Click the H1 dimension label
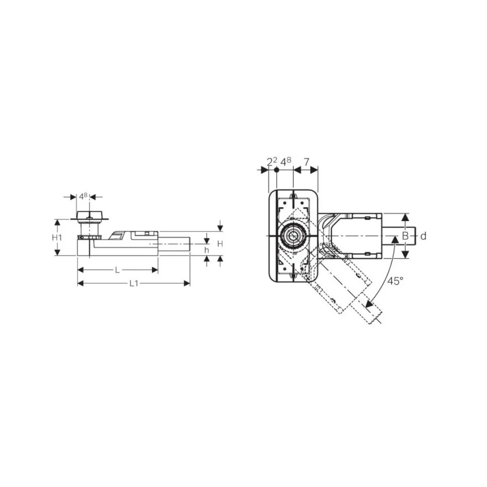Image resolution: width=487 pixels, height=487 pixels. pos(57,238)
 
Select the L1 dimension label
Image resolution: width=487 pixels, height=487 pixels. pos(134,283)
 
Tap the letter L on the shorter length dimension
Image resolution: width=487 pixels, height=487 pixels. pos(117,270)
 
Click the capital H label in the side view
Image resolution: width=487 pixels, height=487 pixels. pos(220,244)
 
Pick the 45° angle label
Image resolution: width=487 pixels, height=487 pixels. pos(395,281)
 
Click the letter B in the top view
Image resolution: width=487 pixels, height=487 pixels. pos(405,236)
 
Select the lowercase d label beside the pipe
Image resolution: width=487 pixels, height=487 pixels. pos(423,236)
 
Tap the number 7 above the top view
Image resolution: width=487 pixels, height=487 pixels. pos(306,162)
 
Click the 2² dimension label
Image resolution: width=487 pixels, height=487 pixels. pos(272,161)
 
